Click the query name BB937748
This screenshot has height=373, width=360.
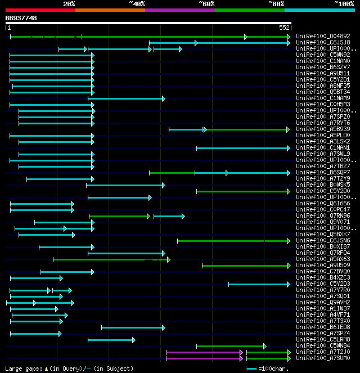21,19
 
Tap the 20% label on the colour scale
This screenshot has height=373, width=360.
69,4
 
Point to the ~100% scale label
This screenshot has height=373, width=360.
344,4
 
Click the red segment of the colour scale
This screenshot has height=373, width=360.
40,10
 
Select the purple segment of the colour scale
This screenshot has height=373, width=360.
179,10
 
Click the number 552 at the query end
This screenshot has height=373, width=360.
284,28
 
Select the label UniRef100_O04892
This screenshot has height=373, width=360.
322,36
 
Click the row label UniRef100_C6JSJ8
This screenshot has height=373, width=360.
322,42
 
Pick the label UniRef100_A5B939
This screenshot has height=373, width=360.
322,129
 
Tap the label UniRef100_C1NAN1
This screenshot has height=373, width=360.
322,147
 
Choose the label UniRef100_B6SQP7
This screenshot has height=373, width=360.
322,172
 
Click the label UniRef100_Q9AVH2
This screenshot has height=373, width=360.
322,302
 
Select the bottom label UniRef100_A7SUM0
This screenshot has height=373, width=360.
322,358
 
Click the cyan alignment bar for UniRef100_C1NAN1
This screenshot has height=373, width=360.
242,148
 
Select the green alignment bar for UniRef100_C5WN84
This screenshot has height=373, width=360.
231,346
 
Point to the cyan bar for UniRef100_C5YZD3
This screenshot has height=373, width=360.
259,284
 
